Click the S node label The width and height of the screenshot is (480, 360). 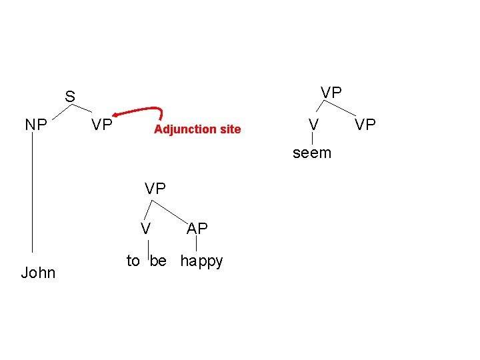[70, 97]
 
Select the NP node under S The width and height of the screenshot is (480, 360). [36, 125]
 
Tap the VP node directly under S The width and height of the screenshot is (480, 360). [102, 125]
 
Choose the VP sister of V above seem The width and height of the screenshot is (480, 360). [365, 125]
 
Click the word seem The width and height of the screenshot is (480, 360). [312, 153]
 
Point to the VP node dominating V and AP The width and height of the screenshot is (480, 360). [155, 189]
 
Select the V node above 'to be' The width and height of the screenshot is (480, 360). [145, 228]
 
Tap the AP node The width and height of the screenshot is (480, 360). [197, 228]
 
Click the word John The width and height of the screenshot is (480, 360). [38, 273]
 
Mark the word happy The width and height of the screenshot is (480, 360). [202, 261]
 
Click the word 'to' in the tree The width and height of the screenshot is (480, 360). [133, 261]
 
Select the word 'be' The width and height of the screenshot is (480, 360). [158, 261]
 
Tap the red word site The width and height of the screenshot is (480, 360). [229, 129]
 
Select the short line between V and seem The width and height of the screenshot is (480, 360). [312, 139]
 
